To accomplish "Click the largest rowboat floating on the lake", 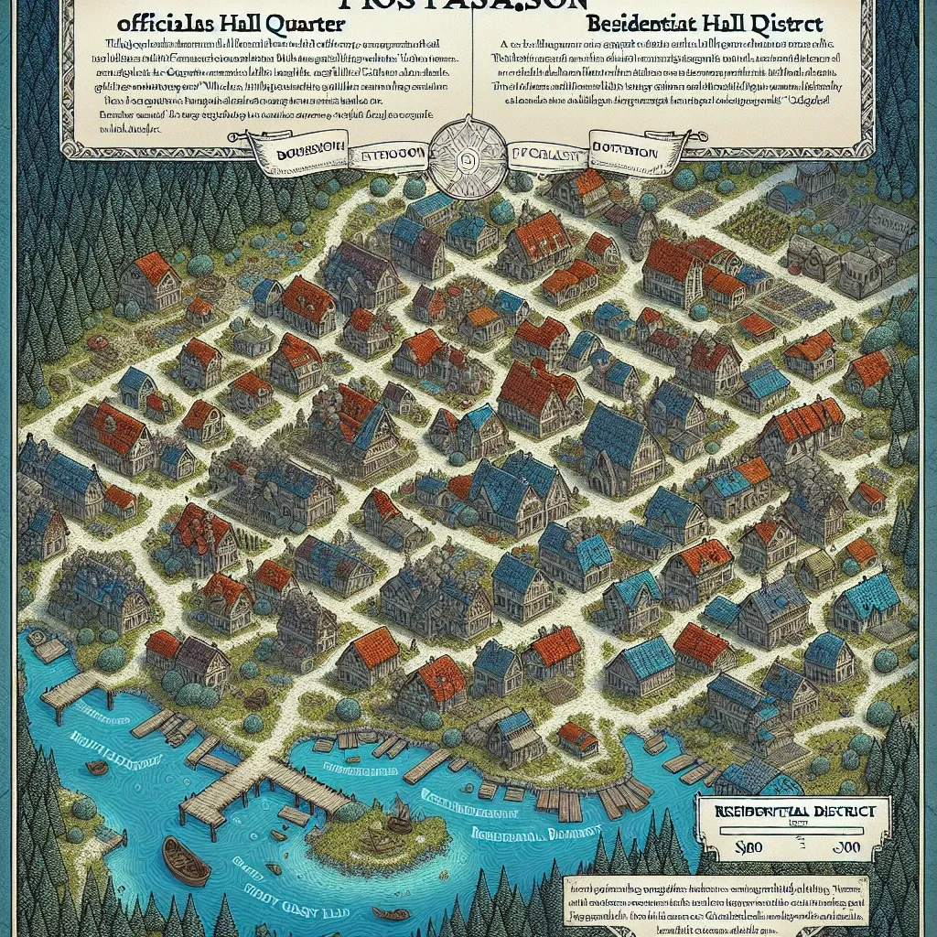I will pyautogui.click(x=186, y=860).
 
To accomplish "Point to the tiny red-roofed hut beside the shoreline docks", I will pyautogui.click(x=577, y=734).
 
